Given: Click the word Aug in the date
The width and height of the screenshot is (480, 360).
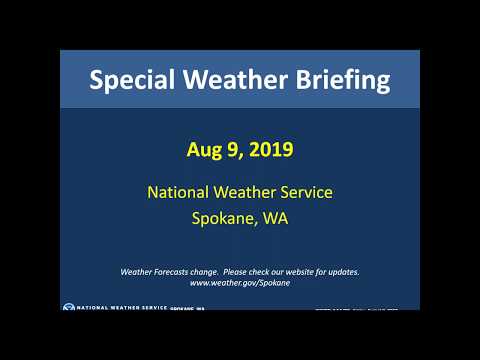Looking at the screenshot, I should click(x=204, y=151).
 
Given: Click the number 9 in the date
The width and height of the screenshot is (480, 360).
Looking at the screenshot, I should click(x=232, y=151).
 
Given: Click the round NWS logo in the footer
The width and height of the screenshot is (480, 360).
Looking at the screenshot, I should click(x=68, y=309).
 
